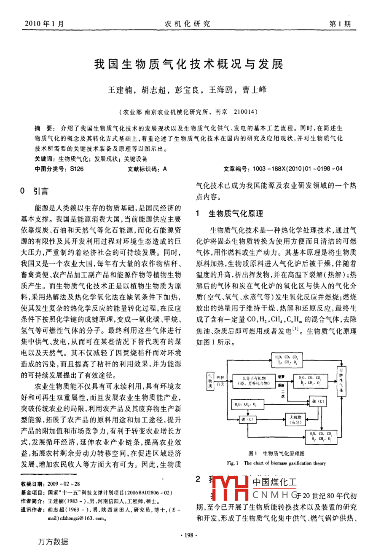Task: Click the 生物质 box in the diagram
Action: point(210,380)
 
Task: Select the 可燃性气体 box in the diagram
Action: point(341,380)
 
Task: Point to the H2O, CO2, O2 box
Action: point(248,405)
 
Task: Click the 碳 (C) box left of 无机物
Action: point(248,419)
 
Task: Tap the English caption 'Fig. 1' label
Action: point(233,463)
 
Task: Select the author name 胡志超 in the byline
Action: point(153,90)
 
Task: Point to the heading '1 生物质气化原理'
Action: point(229,214)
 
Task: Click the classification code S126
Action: point(77,168)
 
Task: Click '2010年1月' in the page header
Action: point(45,24)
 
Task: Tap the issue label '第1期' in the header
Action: point(339,24)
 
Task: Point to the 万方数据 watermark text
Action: point(53,542)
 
